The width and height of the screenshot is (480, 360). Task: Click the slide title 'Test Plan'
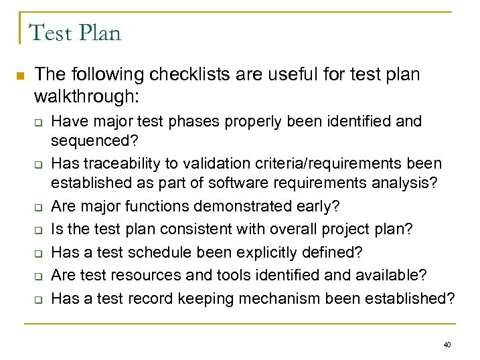click(75, 31)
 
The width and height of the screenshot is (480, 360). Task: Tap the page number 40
click(447, 345)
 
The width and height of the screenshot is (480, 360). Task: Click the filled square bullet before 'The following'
click(20, 75)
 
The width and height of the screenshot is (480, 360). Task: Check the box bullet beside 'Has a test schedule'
click(39, 253)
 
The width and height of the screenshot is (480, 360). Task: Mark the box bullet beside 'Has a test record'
click(39, 298)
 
